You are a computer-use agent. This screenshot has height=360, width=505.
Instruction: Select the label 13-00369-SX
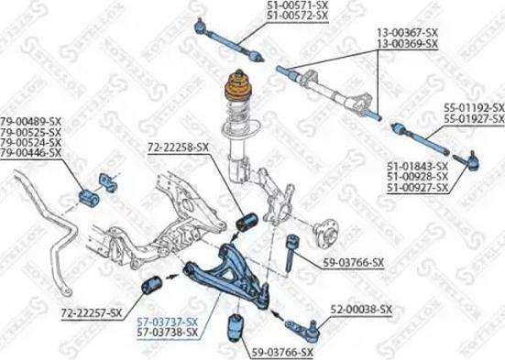click(407, 41)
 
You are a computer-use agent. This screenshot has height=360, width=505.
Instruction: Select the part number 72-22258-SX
click(178, 147)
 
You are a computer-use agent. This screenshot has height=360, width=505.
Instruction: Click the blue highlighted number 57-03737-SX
click(167, 322)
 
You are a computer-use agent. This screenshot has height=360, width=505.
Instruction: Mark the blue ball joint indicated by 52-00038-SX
click(301, 325)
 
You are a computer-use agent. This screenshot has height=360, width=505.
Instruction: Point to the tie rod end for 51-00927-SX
click(464, 162)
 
